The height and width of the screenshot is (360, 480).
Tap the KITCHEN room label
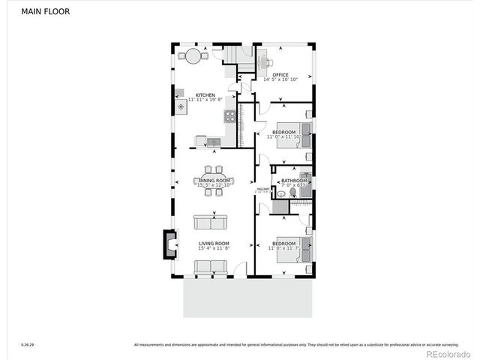(x=205, y=95)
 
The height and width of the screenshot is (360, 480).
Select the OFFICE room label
(x=280, y=75)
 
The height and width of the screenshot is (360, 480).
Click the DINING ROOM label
(x=214, y=180)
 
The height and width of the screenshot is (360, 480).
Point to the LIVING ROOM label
(x=214, y=244)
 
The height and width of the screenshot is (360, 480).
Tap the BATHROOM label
(x=294, y=181)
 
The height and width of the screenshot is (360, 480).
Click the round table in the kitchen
(x=193, y=56)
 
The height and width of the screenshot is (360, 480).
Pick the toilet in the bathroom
(x=292, y=193)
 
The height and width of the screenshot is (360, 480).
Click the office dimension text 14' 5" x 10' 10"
(x=280, y=79)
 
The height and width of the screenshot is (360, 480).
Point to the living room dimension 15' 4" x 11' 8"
(x=214, y=248)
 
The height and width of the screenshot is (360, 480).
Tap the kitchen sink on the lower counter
(x=214, y=141)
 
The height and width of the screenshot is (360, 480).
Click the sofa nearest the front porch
(x=210, y=266)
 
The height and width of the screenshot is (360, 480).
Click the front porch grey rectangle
(x=247, y=298)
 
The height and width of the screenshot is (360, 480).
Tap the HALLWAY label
(x=262, y=189)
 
